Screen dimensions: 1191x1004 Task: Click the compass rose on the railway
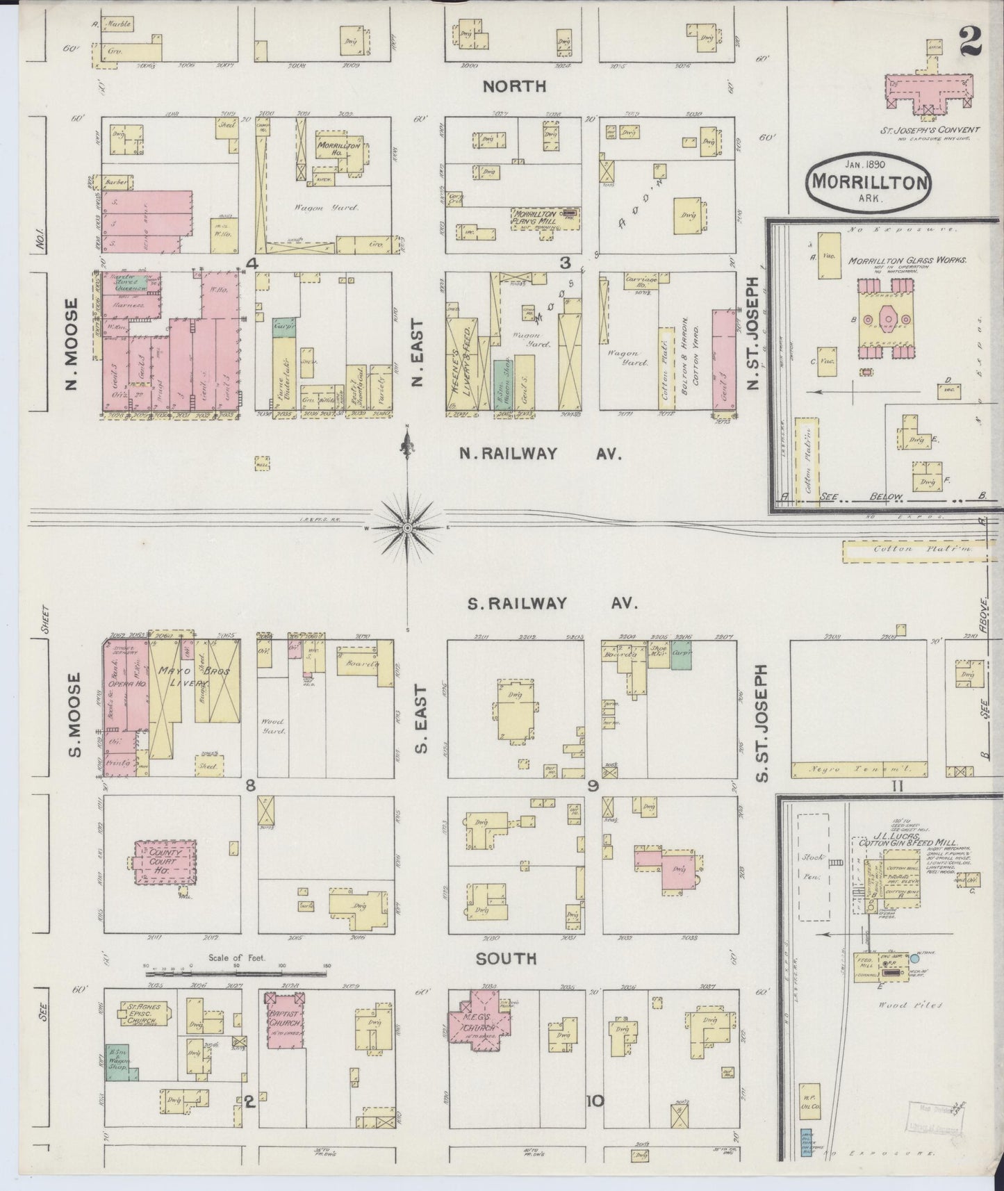click(x=408, y=528)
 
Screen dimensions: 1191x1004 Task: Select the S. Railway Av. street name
click(x=552, y=603)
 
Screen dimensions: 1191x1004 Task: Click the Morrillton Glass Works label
click(x=907, y=261)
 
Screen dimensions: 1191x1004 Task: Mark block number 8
click(x=249, y=785)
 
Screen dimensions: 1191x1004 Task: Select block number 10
click(x=595, y=1101)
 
